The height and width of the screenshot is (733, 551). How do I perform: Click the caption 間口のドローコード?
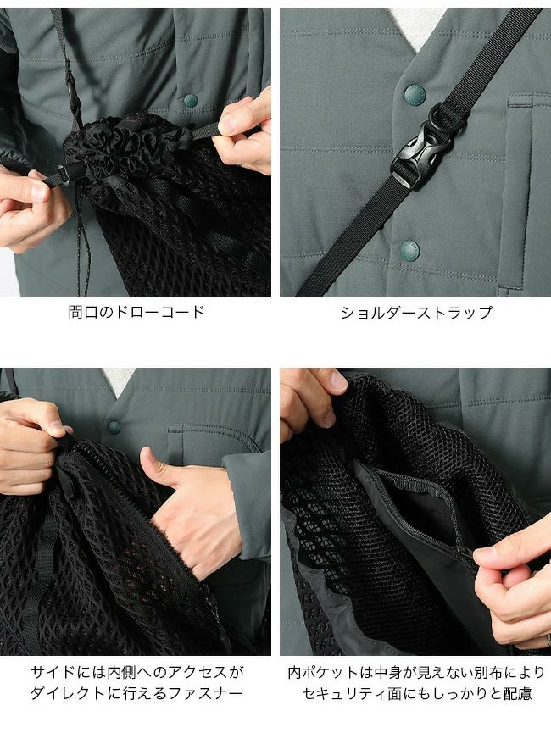click(x=136, y=312)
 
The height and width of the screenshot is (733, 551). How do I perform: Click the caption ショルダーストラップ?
click(x=416, y=313)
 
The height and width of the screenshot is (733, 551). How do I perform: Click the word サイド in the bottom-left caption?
click(x=53, y=673)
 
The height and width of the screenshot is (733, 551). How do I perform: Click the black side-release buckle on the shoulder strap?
click(x=415, y=157)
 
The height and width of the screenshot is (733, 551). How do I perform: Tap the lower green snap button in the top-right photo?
click(x=409, y=251)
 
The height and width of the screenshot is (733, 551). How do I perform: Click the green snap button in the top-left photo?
click(x=191, y=100)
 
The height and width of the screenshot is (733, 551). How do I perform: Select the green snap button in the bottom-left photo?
click(x=114, y=427)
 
